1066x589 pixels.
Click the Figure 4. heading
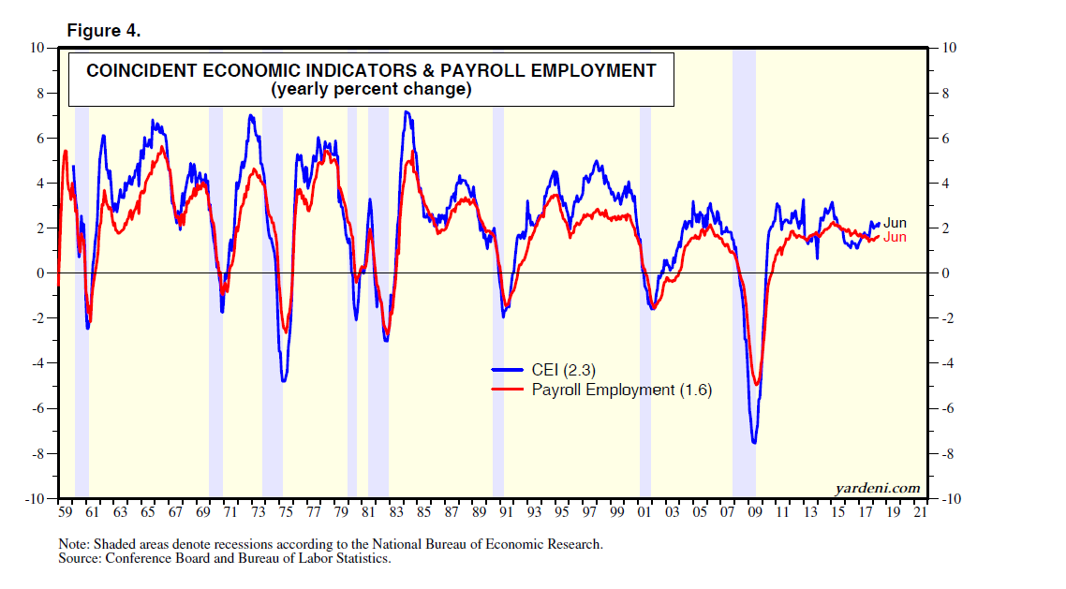tap(103, 31)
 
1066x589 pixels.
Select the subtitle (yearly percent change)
tap(370, 90)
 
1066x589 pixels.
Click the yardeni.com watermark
tap(877, 488)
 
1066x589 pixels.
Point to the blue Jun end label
tap(895, 223)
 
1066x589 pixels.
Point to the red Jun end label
tap(895, 238)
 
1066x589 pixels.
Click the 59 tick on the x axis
tap(65, 513)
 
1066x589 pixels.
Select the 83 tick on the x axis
tap(396, 513)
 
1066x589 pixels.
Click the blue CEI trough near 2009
tap(753, 442)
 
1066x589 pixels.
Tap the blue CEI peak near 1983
tap(406, 112)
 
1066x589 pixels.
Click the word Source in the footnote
tap(79, 559)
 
